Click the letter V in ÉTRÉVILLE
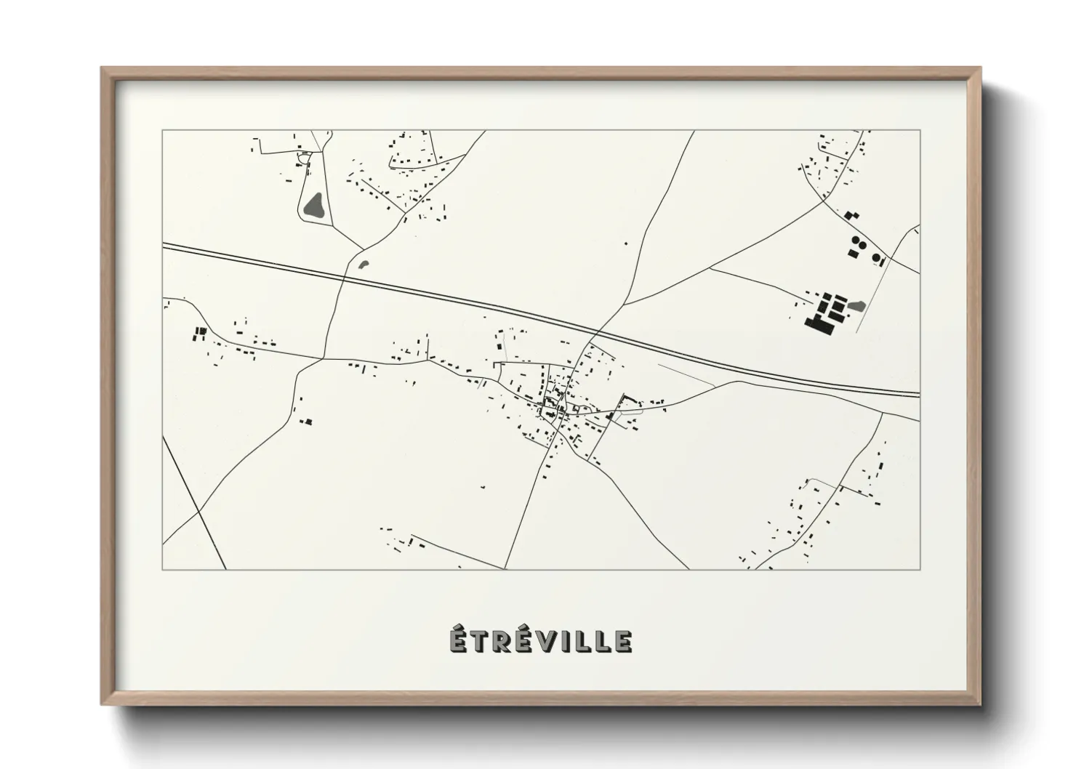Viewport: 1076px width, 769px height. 547,641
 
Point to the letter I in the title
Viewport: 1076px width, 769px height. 567,641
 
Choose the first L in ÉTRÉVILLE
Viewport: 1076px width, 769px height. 583,641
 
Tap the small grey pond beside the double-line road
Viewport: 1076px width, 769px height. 364,265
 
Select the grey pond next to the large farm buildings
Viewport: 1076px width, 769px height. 857,306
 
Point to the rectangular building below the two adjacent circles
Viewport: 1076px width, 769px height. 853,253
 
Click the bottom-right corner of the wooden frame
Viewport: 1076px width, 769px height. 979,704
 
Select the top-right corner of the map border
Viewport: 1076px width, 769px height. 920,130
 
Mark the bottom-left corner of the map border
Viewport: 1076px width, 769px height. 163,569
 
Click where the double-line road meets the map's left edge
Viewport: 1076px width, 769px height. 164,246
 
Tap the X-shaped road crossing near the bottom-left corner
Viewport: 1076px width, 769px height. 198,512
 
